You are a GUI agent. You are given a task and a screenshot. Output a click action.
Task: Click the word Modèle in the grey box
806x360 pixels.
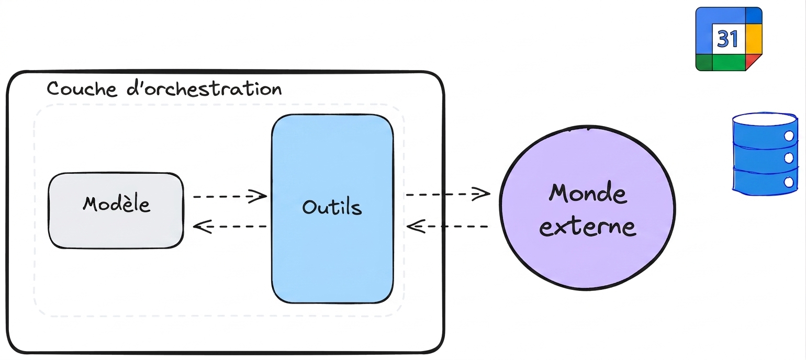click(116, 204)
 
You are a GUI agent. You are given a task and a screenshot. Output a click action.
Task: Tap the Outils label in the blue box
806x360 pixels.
click(332, 207)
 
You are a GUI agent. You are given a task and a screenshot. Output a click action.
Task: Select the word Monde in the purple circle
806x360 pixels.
click(588, 193)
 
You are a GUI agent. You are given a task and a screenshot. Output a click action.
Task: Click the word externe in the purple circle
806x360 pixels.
click(588, 227)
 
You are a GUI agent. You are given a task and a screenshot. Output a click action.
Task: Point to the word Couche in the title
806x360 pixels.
click(82, 88)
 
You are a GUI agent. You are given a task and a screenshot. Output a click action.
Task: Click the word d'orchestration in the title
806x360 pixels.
click(204, 88)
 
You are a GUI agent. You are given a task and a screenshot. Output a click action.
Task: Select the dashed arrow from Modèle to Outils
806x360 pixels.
click(230, 196)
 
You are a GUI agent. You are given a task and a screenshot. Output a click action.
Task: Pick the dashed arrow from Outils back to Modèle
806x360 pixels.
click(230, 227)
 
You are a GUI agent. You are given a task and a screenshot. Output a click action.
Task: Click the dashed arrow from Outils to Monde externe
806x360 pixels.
click(448, 194)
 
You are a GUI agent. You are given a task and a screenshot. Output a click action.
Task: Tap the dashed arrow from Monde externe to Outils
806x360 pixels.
click(447, 227)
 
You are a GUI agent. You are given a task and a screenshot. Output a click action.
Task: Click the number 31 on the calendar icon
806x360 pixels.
click(727, 39)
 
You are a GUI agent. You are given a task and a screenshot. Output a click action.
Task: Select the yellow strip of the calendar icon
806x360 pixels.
click(754, 39)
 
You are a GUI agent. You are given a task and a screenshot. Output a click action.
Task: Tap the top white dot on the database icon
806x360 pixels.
click(789, 136)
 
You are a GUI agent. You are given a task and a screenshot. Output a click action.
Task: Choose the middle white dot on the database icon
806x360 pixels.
click(789, 158)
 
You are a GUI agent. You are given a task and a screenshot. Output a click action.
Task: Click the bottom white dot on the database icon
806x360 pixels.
click(789, 182)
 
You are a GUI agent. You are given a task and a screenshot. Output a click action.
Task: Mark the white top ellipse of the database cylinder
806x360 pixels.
click(765, 119)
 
